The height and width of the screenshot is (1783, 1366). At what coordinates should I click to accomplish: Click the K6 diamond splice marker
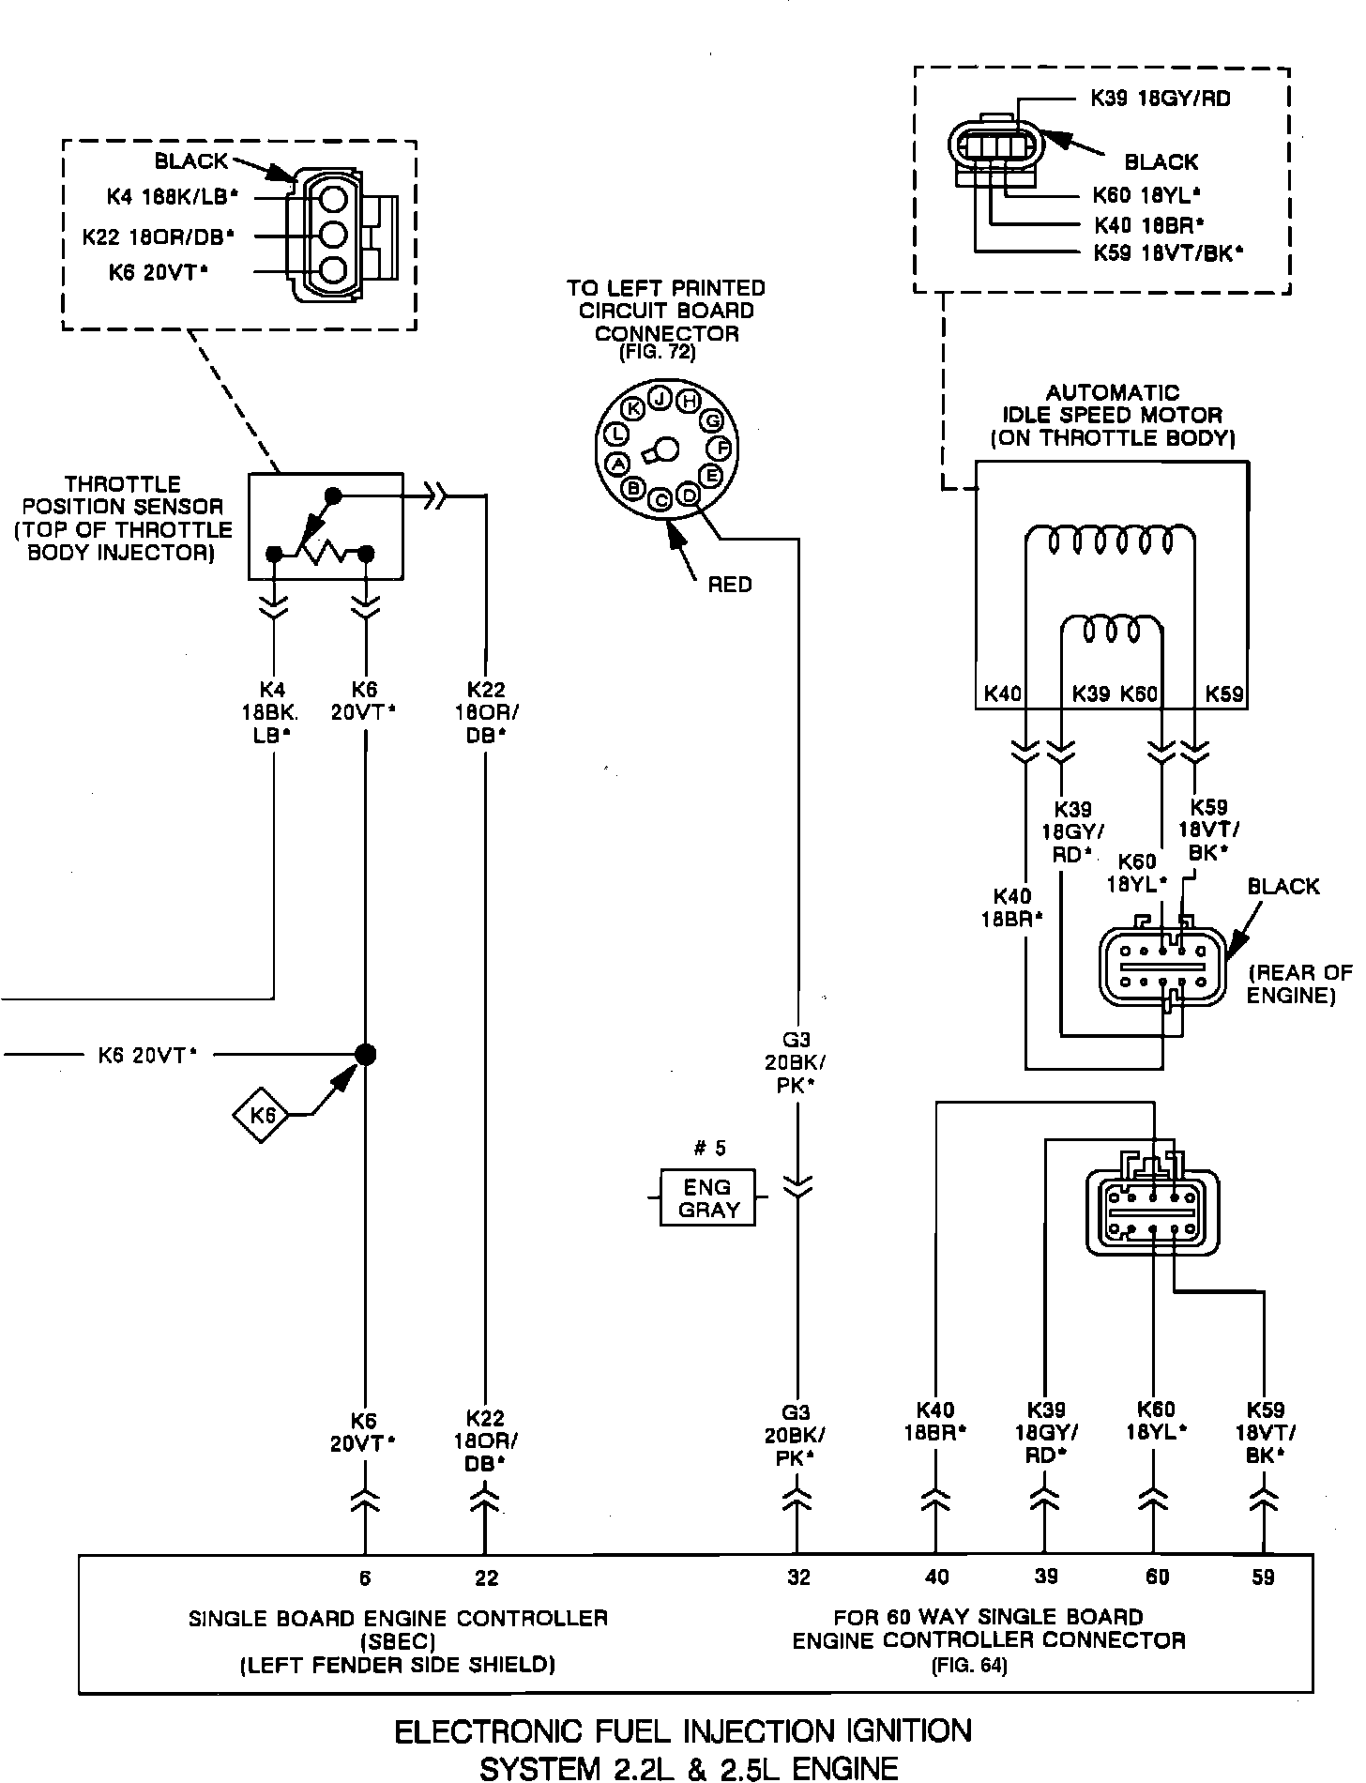pos(262,1115)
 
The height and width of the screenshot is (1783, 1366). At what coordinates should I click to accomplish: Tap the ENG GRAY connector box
pos(707,1197)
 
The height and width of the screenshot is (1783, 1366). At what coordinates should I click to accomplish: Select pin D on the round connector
pos(690,493)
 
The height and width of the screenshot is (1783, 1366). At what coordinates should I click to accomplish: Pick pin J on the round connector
pos(660,398)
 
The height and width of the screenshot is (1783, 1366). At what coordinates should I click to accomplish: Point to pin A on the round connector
pos(618,463)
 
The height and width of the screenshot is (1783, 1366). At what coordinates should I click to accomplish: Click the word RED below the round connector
pos(730,585)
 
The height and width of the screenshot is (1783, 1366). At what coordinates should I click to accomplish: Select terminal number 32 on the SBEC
pos(798,1577)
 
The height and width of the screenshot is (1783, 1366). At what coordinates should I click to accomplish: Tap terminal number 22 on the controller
pos(486,1577)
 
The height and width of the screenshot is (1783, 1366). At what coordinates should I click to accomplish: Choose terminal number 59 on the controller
pos(1263,1577)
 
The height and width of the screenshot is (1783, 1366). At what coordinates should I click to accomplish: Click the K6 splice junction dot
pos(366,1055)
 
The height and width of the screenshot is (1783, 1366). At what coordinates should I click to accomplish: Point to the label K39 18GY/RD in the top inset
pos(1160,99)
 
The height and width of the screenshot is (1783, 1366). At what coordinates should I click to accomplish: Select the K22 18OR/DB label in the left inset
pos(158,236)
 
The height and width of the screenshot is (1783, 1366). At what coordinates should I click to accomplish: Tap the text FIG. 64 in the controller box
pos(968,1667)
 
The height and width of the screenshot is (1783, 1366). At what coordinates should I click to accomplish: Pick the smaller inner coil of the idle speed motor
pos(1112,631)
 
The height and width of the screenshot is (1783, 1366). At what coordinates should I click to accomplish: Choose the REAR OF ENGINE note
pos(1298,983)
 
